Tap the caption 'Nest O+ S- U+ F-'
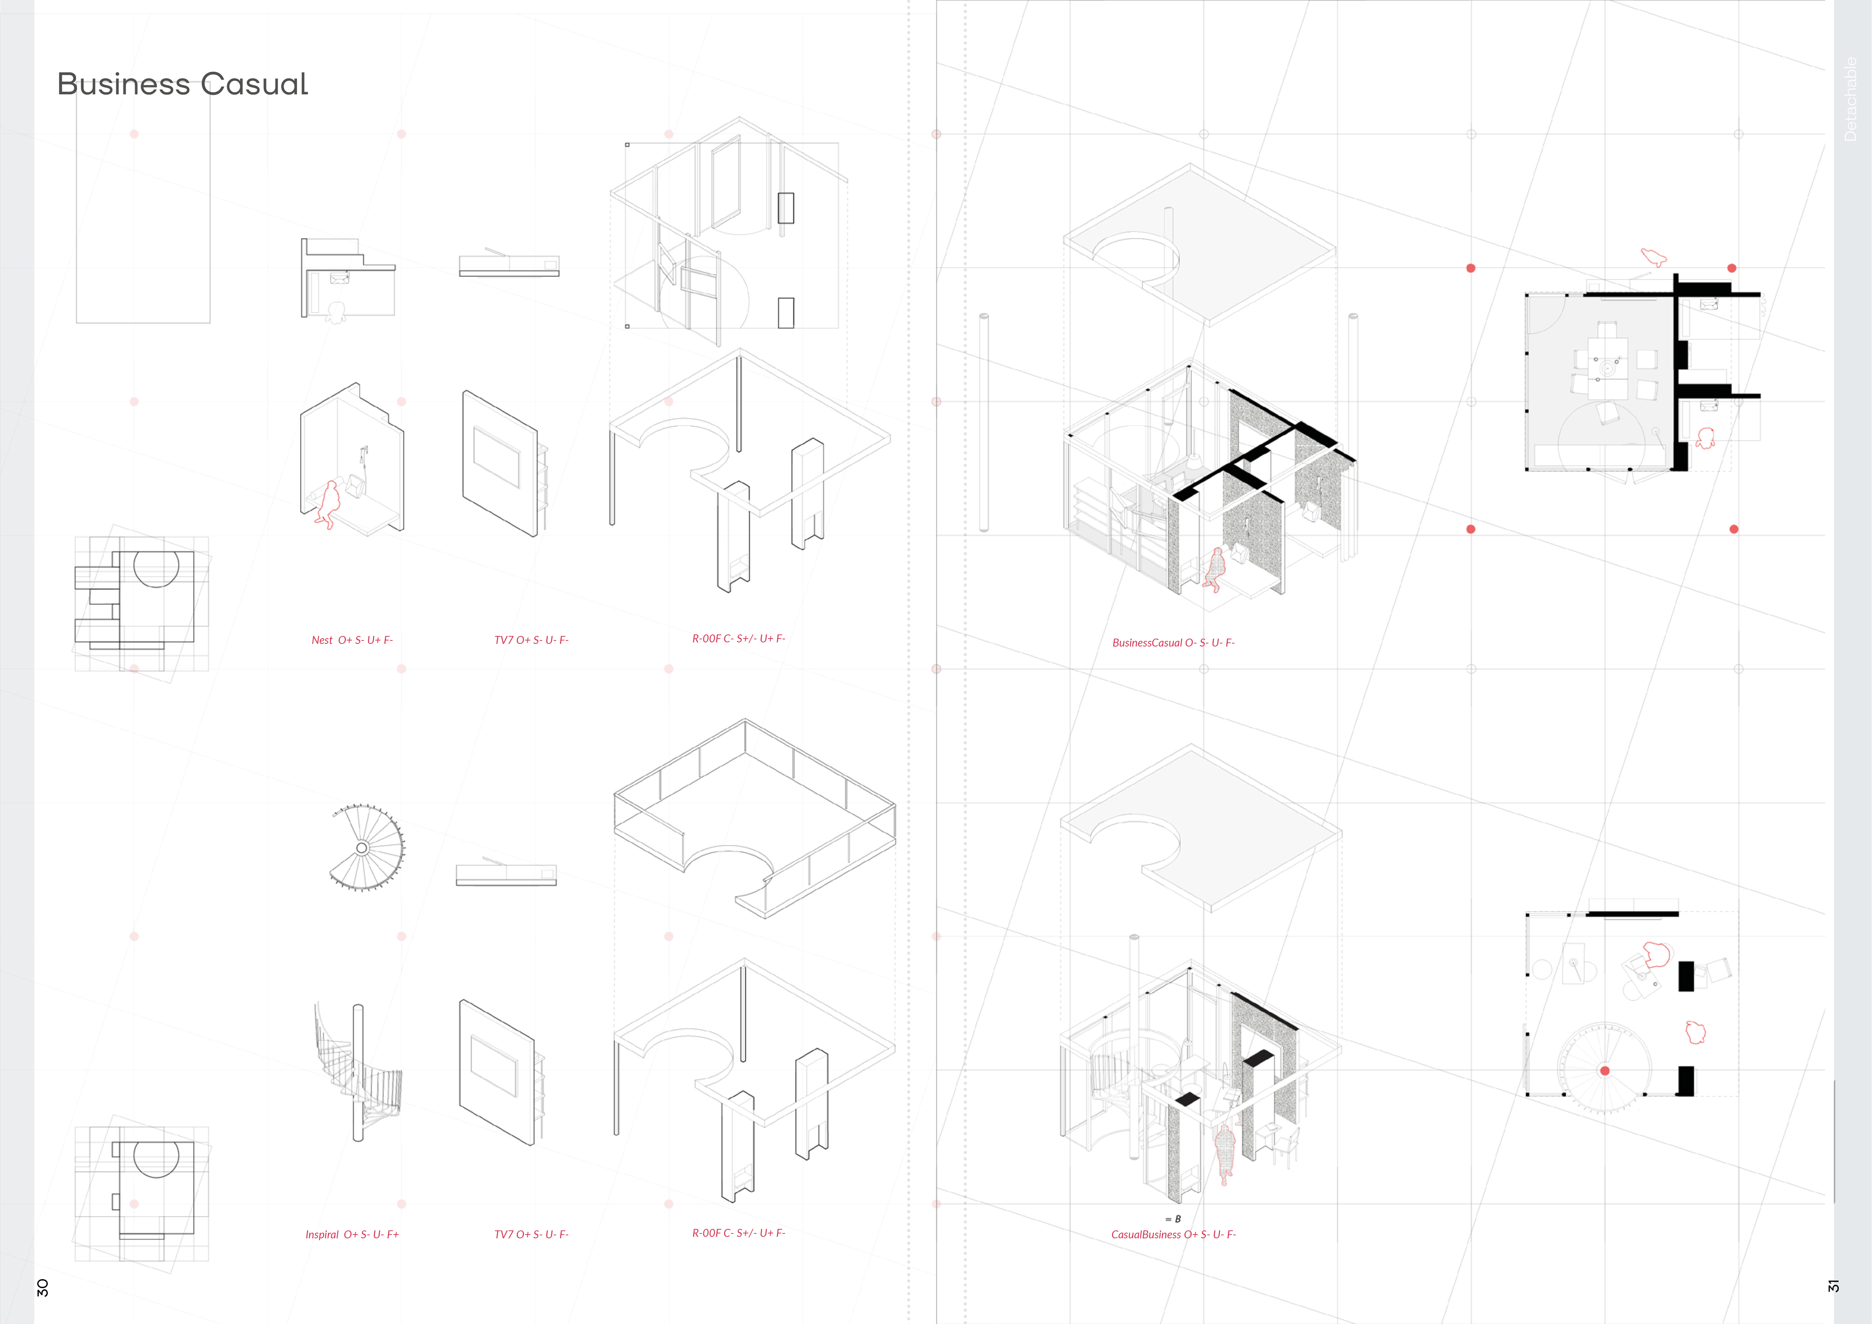coord(352,640)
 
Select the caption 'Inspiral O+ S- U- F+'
coord(352,1234)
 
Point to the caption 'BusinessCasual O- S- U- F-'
coord(1173,642)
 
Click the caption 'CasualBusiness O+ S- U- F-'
coord(1173,1234)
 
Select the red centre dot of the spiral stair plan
coord(1604,1070)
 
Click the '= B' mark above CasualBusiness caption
coord(1173,1219)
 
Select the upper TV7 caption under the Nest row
coord(531,640)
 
